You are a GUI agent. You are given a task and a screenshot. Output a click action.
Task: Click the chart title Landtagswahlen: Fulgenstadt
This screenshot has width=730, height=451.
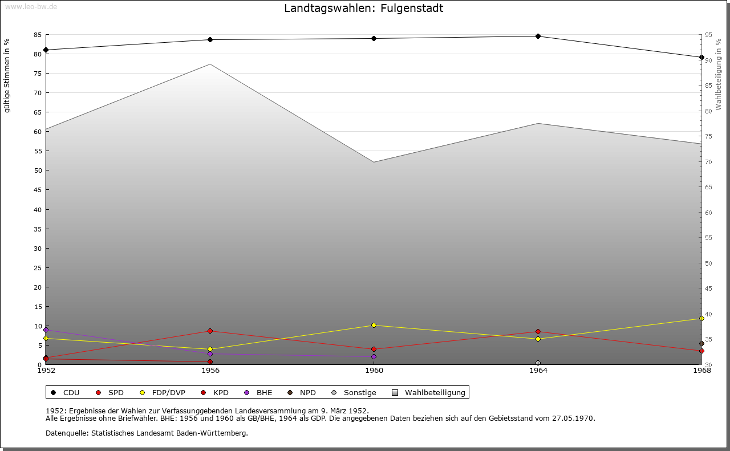[x=363, y=9]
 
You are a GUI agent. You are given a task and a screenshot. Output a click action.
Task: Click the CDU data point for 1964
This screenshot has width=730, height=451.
[x=538, y=36]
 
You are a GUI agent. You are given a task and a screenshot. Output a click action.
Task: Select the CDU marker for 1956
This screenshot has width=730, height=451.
[x=210, y=40]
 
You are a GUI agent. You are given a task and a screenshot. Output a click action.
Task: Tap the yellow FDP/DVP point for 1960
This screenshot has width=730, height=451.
[x=374, y=326]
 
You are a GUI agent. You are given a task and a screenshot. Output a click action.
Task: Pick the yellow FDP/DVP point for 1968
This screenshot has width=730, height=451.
[x=701, y=319]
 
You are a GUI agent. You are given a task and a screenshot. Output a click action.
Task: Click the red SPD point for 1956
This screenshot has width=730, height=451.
[x=210, y=331]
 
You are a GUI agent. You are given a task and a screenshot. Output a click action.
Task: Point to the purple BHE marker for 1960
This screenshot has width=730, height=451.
[x=374, y=357]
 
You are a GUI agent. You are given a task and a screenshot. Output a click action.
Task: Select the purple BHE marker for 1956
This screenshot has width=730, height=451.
[x=210, y=354]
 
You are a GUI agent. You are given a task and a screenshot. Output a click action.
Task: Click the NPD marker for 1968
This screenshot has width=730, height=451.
[x=701, y=344]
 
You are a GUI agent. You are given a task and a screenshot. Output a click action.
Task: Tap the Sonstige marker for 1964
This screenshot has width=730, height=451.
[x=538, y=363]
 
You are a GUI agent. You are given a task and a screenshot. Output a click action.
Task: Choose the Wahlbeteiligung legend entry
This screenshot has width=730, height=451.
[x=429, y=393]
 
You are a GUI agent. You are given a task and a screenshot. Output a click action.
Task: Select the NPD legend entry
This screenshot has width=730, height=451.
[x=302, y=393]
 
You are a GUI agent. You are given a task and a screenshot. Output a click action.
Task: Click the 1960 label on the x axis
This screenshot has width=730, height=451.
[x=374, y=371]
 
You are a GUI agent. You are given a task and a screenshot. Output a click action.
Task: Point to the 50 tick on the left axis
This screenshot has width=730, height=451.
[x=38, y=170]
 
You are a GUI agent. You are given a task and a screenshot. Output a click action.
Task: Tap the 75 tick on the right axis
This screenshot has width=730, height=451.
[x=708, y=136]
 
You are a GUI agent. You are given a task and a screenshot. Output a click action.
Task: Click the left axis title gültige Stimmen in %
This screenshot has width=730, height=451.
[x=7, y=75]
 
